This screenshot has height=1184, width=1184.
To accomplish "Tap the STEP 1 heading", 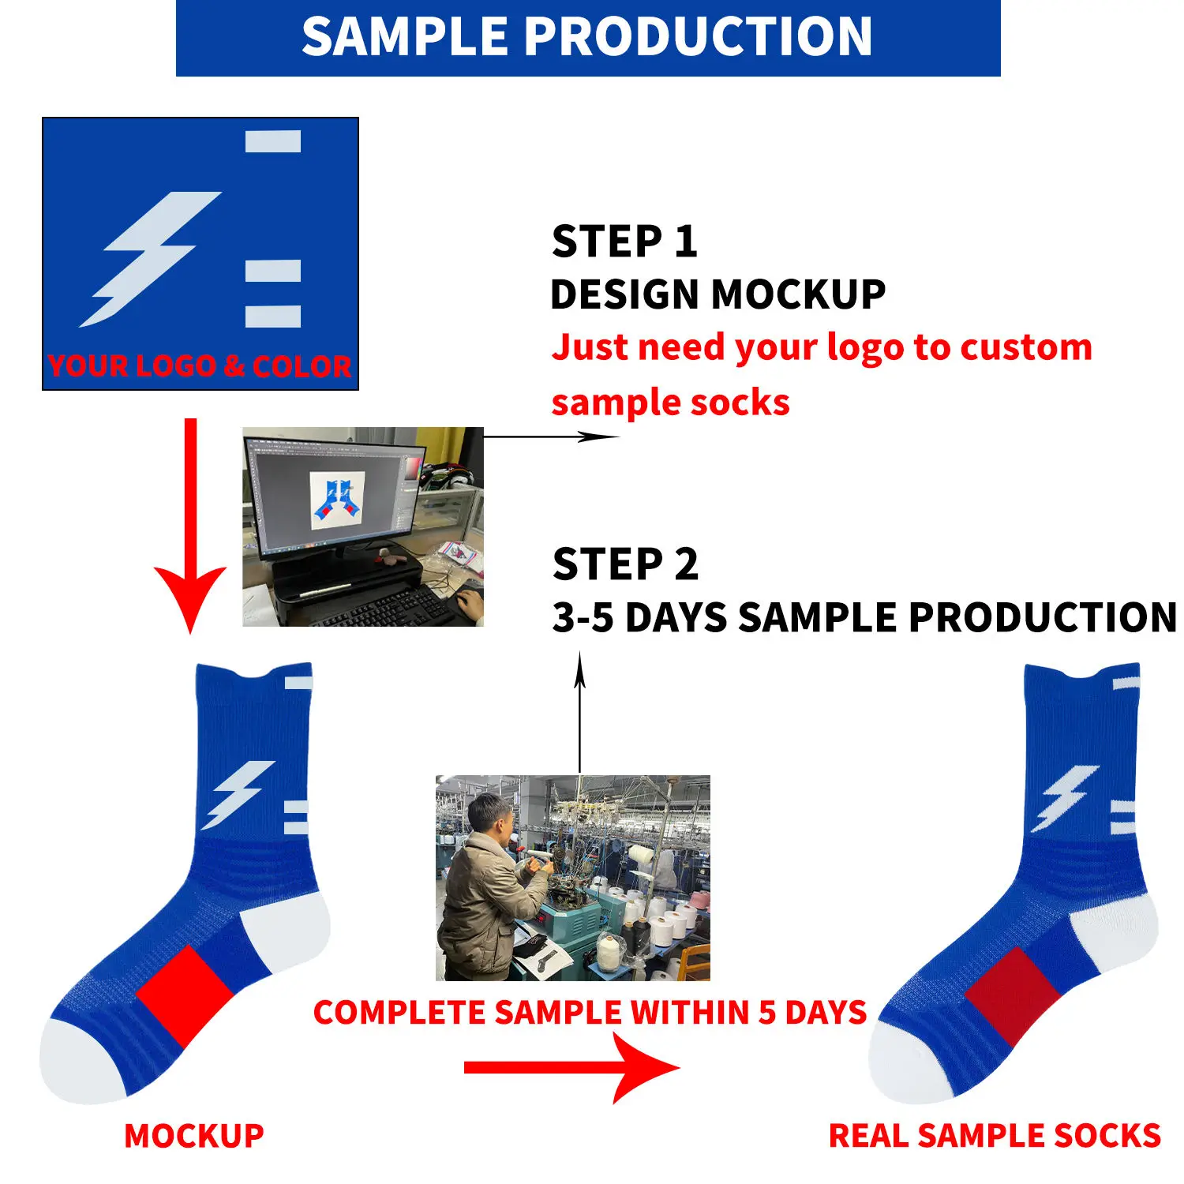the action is point(624,241).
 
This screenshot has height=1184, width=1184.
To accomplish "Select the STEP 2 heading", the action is point(625,564).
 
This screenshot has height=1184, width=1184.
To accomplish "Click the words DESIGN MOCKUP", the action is point(718,294).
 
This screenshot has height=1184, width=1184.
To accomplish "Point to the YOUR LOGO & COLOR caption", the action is point(200,365).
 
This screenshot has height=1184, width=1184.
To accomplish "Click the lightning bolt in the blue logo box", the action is point(150,259).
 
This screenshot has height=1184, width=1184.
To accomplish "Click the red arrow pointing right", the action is point(571,1068).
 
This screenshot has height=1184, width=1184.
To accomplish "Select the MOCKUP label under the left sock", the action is point(194,1136).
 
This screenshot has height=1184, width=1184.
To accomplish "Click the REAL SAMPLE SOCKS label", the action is point(995,1136).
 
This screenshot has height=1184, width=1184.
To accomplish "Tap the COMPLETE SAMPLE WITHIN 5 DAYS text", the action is point(590,1013).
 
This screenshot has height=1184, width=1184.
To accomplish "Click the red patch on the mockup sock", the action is point(185,996).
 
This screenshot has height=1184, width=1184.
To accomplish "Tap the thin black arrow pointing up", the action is point(580,711).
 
